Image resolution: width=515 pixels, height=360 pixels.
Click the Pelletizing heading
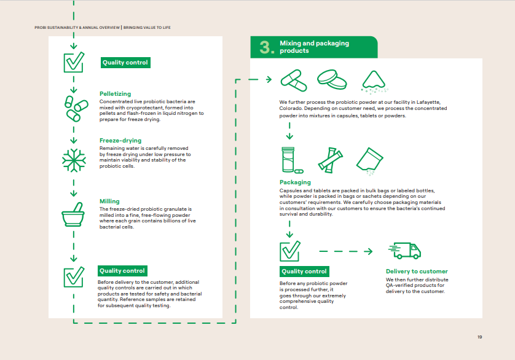pyautogui.click(x=115, y=94)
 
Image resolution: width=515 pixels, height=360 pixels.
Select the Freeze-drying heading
pyautogui.click(x=120, y=141)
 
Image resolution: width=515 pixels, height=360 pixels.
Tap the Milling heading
pyautogui.click(x=109, y=202)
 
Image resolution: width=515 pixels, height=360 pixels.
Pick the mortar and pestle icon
pyautogui.click(x=73, y=214)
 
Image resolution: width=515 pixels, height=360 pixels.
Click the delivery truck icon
pyautogui.click(x=404, y=250)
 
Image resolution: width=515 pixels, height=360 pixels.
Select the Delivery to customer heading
pyautogui.click(x=417, y=272)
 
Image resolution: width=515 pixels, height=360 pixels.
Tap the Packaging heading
pyautogui.click(x=295, y=182)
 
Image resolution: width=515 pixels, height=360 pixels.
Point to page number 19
pyautogui.click(x=480, y=337)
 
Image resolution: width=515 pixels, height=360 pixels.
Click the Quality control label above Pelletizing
pyautogui.click(x=125, y=63)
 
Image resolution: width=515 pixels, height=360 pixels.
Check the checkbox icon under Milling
pyautogui.click(x=73, y=276)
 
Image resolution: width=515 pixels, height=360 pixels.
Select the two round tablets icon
pyautogui.click(x=332, y=79)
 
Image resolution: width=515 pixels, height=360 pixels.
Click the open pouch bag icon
pyautogui.click(x=370, y=159)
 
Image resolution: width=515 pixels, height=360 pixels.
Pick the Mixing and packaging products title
pyautogui.click(x=314, y=47)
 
